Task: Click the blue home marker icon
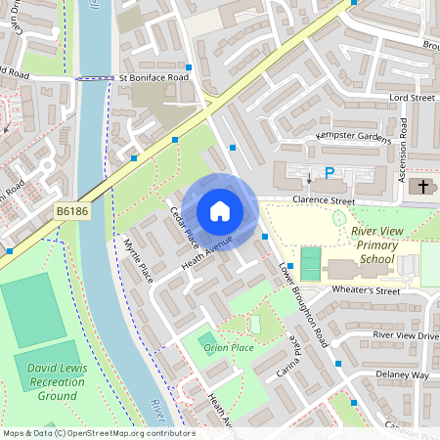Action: pos(220,211)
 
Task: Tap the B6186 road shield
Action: pos(71,211)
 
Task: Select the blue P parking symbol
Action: pos(330,173)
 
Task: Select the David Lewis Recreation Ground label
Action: pos(45,382)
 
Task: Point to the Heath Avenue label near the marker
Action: pos(206,253)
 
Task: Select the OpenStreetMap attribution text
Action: pos(98,433)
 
